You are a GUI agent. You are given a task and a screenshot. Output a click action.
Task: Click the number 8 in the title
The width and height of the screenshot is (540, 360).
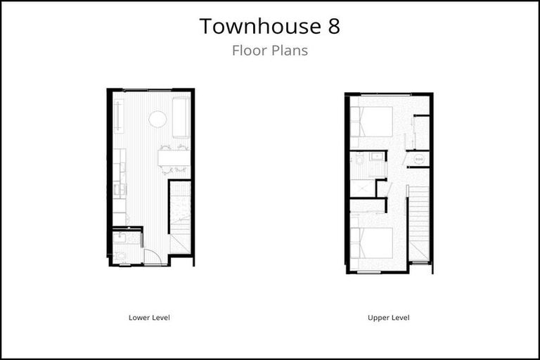pos(332,26)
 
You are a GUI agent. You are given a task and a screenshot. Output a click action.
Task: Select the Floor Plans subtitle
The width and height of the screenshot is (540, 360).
pos(270,51)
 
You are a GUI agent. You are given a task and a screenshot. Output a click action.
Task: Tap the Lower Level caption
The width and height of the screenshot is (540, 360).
pos(149,318)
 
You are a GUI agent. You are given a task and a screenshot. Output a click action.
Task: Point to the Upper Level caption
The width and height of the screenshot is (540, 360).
pos(388,318)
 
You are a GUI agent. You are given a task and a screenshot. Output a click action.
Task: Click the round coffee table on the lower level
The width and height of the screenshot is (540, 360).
pos(157,119)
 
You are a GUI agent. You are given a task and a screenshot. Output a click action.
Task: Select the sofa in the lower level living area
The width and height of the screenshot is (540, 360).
pos(181,117)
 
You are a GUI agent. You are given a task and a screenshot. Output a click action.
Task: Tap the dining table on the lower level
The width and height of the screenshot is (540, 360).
pos(174,158)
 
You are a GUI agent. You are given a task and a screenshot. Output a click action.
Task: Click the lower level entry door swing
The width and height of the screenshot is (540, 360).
pos(153,256)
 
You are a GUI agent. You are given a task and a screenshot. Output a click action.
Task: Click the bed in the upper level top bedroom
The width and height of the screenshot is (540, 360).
pos(373,121)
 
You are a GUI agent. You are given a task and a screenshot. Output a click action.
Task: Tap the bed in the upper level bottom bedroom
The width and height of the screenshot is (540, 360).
pos(373,244)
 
